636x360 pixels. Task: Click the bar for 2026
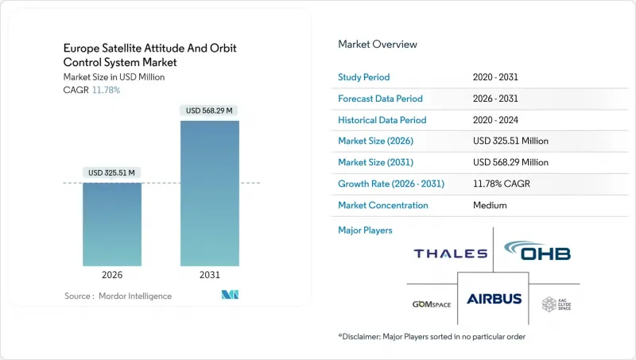coord(112,224)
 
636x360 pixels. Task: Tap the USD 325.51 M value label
coord(112,172)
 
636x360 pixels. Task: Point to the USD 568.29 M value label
coord(210,110)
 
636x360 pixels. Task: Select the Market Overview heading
coord(378,45)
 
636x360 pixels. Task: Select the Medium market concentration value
coord(490,205)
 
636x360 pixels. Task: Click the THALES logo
coord(450,254)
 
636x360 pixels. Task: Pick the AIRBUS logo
coord(494,299)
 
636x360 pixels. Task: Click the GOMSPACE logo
coord(432,304)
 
